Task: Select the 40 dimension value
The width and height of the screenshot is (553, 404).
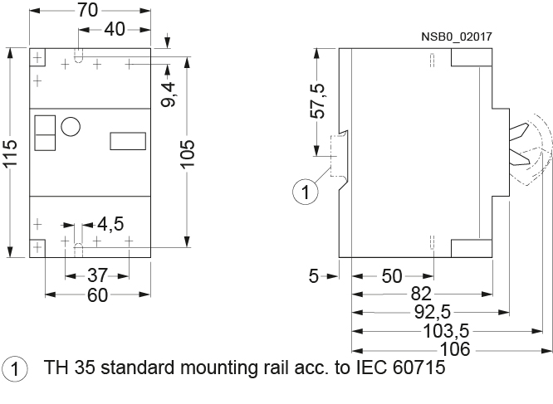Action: pyautogui.click(x=115, y=30)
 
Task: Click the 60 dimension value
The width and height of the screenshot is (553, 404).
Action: pyautogui.click(x=97, y=295)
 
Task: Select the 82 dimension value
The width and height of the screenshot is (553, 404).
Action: pyautogui.click(x=421, y=294)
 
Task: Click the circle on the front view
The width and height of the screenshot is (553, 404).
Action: pyautogui.click(x=70, y=126)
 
